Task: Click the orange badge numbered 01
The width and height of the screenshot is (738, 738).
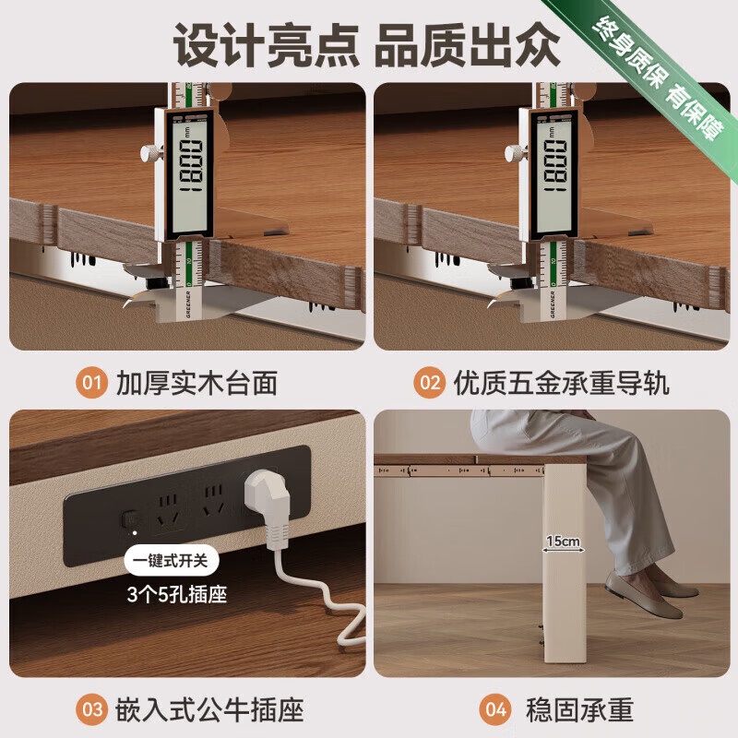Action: pyautogui.click(x=90, y=382)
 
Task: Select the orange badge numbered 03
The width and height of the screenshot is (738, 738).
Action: pyautogui.click(x=90, y=709)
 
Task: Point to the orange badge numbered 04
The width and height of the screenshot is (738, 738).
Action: pyautogui.click(x=495, y=709)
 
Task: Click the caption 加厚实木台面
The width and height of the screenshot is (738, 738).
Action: pyautogui.click(x=196, y=382)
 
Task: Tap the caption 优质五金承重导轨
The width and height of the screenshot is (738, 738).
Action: pyautogui.click(x=561, y=382)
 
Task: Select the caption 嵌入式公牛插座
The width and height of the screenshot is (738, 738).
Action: pyautogui.click(x=209, y=709)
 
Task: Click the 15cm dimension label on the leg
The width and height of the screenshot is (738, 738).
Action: pyautogui.click(x=562, y=540)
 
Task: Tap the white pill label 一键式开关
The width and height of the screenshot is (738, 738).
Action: pyautogui.click(x=175, y=560)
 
